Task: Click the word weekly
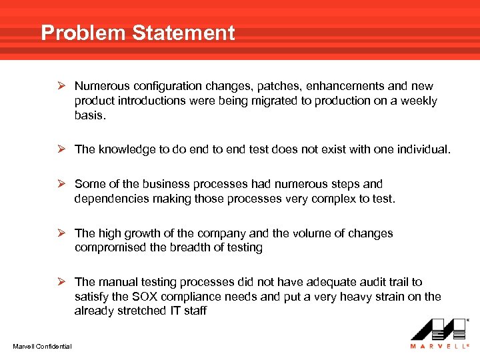[x=417, y=101]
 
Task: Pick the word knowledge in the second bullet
[x=127, y=149]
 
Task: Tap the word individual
[x=425, y=149]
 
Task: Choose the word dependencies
[x=111, y=199]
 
